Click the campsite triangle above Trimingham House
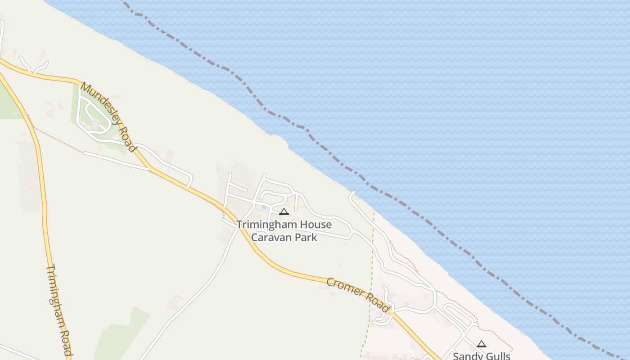tap(283, 211)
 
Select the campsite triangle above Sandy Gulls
tap(481, 344)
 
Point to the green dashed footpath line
tap(372, 261)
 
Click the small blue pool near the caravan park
tap(264, 207)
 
